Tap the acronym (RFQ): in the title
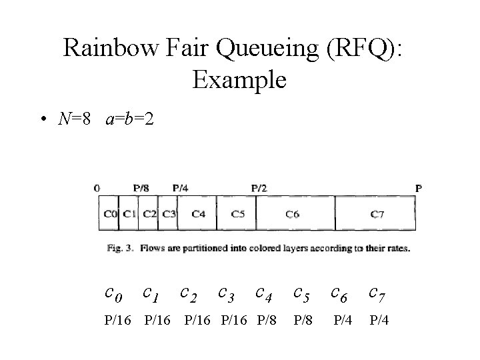coord(366,47)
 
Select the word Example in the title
coord(239,80)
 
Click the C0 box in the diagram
coord(110,214)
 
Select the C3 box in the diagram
coord(168,214)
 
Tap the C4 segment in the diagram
coord(198,214)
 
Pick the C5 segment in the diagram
coord(237,214)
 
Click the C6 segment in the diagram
coord(293,214)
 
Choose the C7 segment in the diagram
coord(377,214)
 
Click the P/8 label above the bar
coord(141,188)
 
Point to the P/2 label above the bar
coord(259,188)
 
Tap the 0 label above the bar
coord(97,188)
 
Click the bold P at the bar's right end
coord(418,188)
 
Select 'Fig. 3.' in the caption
coord(120,249)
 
